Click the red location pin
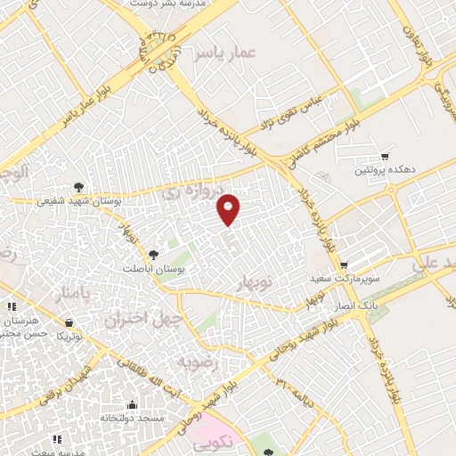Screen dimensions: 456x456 pyautogui.click(x=229, y=209)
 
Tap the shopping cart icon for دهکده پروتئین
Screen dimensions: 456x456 pyautogui.click(x=385, y=156)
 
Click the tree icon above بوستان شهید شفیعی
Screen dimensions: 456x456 pyautogui.click(x=80, y=187)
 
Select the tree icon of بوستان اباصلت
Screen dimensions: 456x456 pyautogui.click(x=152, y=256)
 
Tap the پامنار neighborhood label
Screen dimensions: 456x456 pyautogui.click(x=72, y=293)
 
